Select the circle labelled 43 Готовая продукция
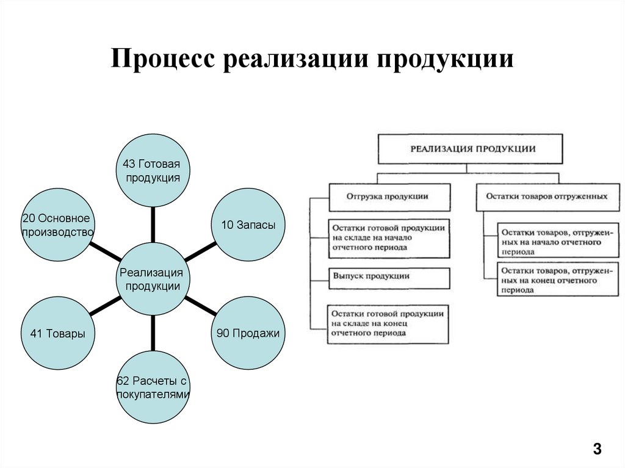point(153,170)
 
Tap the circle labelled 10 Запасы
point(248,225)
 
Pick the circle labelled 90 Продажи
point(248,333)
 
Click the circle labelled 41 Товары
point(57,333)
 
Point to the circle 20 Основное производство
point(57,225)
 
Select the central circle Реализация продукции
point(153,279)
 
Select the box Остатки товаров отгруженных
point(547,197)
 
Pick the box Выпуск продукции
point(388,277)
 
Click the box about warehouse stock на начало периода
point(388,238)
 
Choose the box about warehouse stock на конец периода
point(388,323)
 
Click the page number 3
point(596,450)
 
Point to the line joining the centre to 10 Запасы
point(200,251)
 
